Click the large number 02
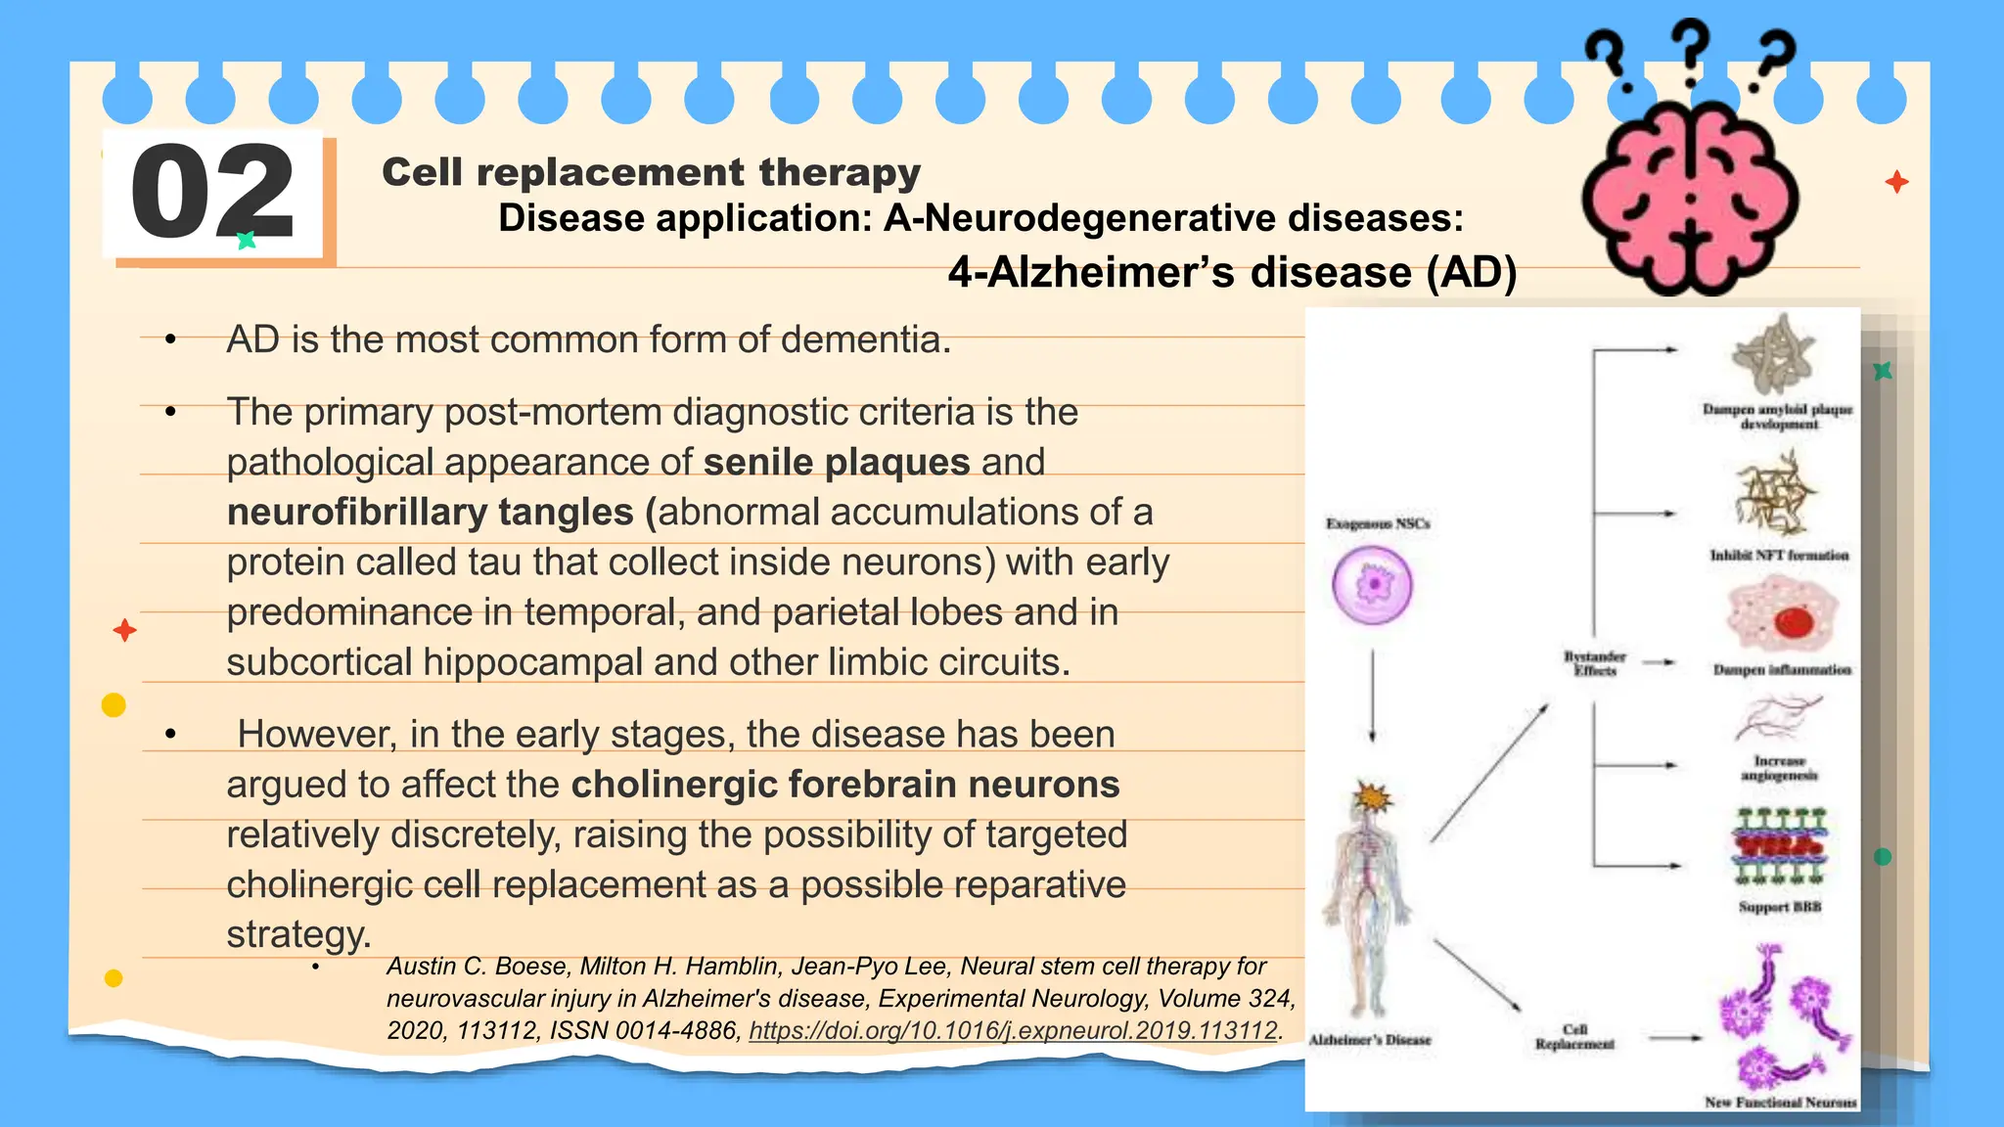tap(212, 192)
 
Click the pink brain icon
tap(1690, 197)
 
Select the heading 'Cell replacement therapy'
tap(651, 172)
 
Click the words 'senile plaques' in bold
tap(837, 462)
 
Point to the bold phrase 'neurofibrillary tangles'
tap(431, 513)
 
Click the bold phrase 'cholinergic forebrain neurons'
tap(845, 785)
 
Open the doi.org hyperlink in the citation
tap(1014, 1031)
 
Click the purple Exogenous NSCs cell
tap(1372, 585)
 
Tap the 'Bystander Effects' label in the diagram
tap(1594, 663)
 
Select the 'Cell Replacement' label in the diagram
tap(1574, 1037)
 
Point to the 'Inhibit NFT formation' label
tap(1779, 556)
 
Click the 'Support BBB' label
tap(1779, 907)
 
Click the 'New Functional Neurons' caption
tap(1780, 1102)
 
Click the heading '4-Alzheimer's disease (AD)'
tap(1232, 273)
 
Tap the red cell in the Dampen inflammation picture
tap(1794, 621)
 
